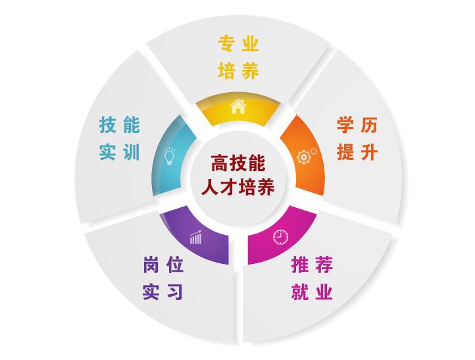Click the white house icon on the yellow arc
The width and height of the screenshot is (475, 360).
click(238, 106)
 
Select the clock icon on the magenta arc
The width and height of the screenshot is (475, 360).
click(281, 235)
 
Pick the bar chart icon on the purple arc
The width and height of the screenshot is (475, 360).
click(195, 237)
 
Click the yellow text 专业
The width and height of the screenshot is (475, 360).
click(238, 45)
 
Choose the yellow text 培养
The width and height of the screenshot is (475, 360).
click(238, 71)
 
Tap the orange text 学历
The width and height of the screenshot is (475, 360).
click(357, 125)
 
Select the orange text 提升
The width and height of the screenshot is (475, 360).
click(357, 152)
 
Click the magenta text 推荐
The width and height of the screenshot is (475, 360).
click(312, 265)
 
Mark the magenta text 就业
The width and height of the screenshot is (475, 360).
click(312, 292)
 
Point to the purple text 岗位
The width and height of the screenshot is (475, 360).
click(163, 265)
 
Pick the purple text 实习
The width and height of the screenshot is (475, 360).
click(163, 292)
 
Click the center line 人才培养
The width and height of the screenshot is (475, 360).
click(238, 185)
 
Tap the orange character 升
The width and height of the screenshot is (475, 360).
click(370, 152)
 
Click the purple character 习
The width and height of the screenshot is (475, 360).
click(175, 292)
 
